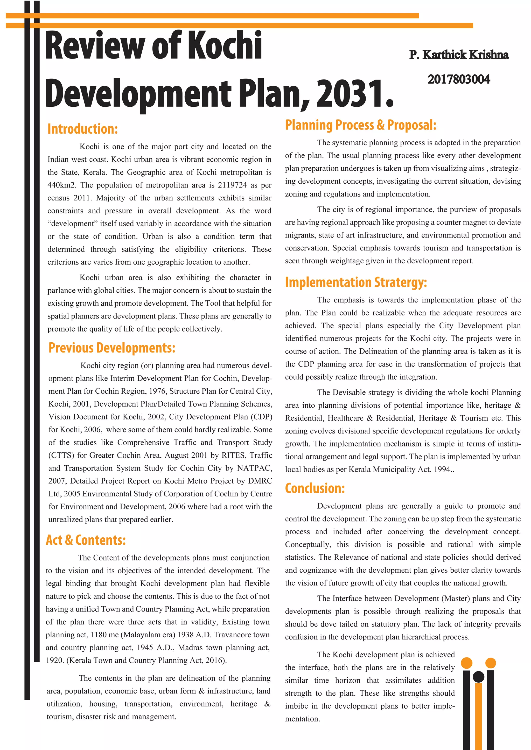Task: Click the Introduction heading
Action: (82, 129)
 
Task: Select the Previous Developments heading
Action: (112, 348)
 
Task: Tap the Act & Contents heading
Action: (86, 540)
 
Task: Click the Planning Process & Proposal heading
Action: (360, 125)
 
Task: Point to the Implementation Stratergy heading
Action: (356, 283)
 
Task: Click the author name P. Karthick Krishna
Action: (459, 55)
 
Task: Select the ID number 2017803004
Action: (458, 80)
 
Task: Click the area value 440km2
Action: (61, 185)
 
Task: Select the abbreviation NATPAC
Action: (254, 468)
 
